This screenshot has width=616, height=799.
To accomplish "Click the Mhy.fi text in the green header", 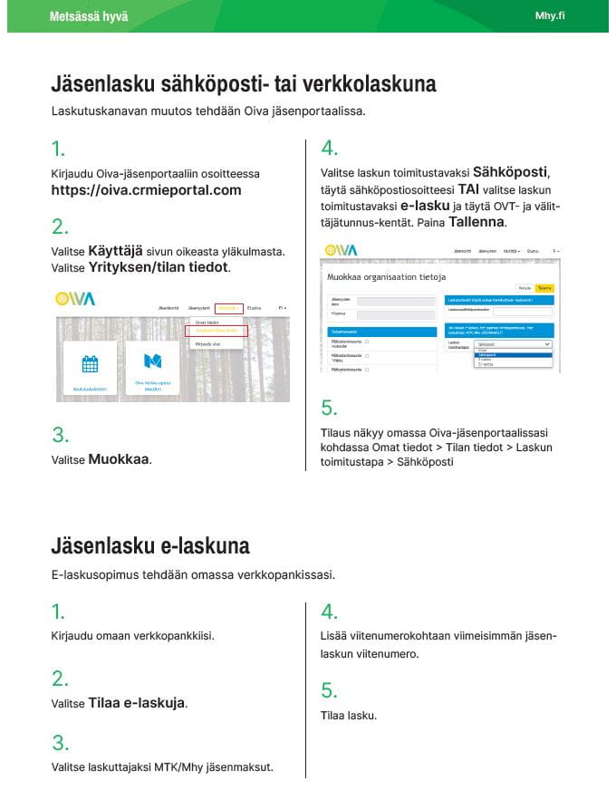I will click(550, 16).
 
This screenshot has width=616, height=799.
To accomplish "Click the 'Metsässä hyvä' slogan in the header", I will click(89, 16).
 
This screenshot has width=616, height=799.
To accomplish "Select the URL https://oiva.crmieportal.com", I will click(146, 190).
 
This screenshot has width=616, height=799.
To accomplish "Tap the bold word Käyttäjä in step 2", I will click(115, 250).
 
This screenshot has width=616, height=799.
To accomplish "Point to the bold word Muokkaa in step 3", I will click(119, 458).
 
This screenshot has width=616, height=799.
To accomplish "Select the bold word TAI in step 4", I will click(468, 188).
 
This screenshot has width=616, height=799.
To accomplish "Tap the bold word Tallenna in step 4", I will click(477, 222).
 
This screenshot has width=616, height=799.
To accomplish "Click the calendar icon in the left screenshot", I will click(90, 364).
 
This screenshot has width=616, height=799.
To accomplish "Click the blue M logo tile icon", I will click(153, 361).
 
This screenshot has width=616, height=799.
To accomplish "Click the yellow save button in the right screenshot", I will click(544, 288).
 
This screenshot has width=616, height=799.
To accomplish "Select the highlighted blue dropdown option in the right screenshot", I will click(512, 354).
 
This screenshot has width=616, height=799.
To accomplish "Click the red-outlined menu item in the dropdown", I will click(216, 331).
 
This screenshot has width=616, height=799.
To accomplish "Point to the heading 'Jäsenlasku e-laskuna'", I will click(150, 545).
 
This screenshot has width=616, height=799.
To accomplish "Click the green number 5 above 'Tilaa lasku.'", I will click(329, 691).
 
